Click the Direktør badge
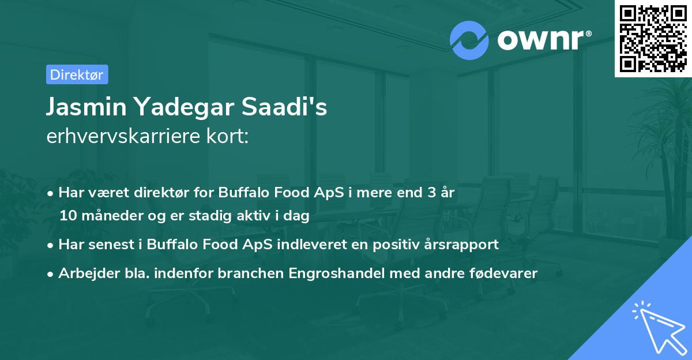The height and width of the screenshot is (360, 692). (77, 74)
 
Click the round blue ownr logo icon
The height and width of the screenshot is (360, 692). (469, 40)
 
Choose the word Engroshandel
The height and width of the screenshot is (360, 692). (336, 273)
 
